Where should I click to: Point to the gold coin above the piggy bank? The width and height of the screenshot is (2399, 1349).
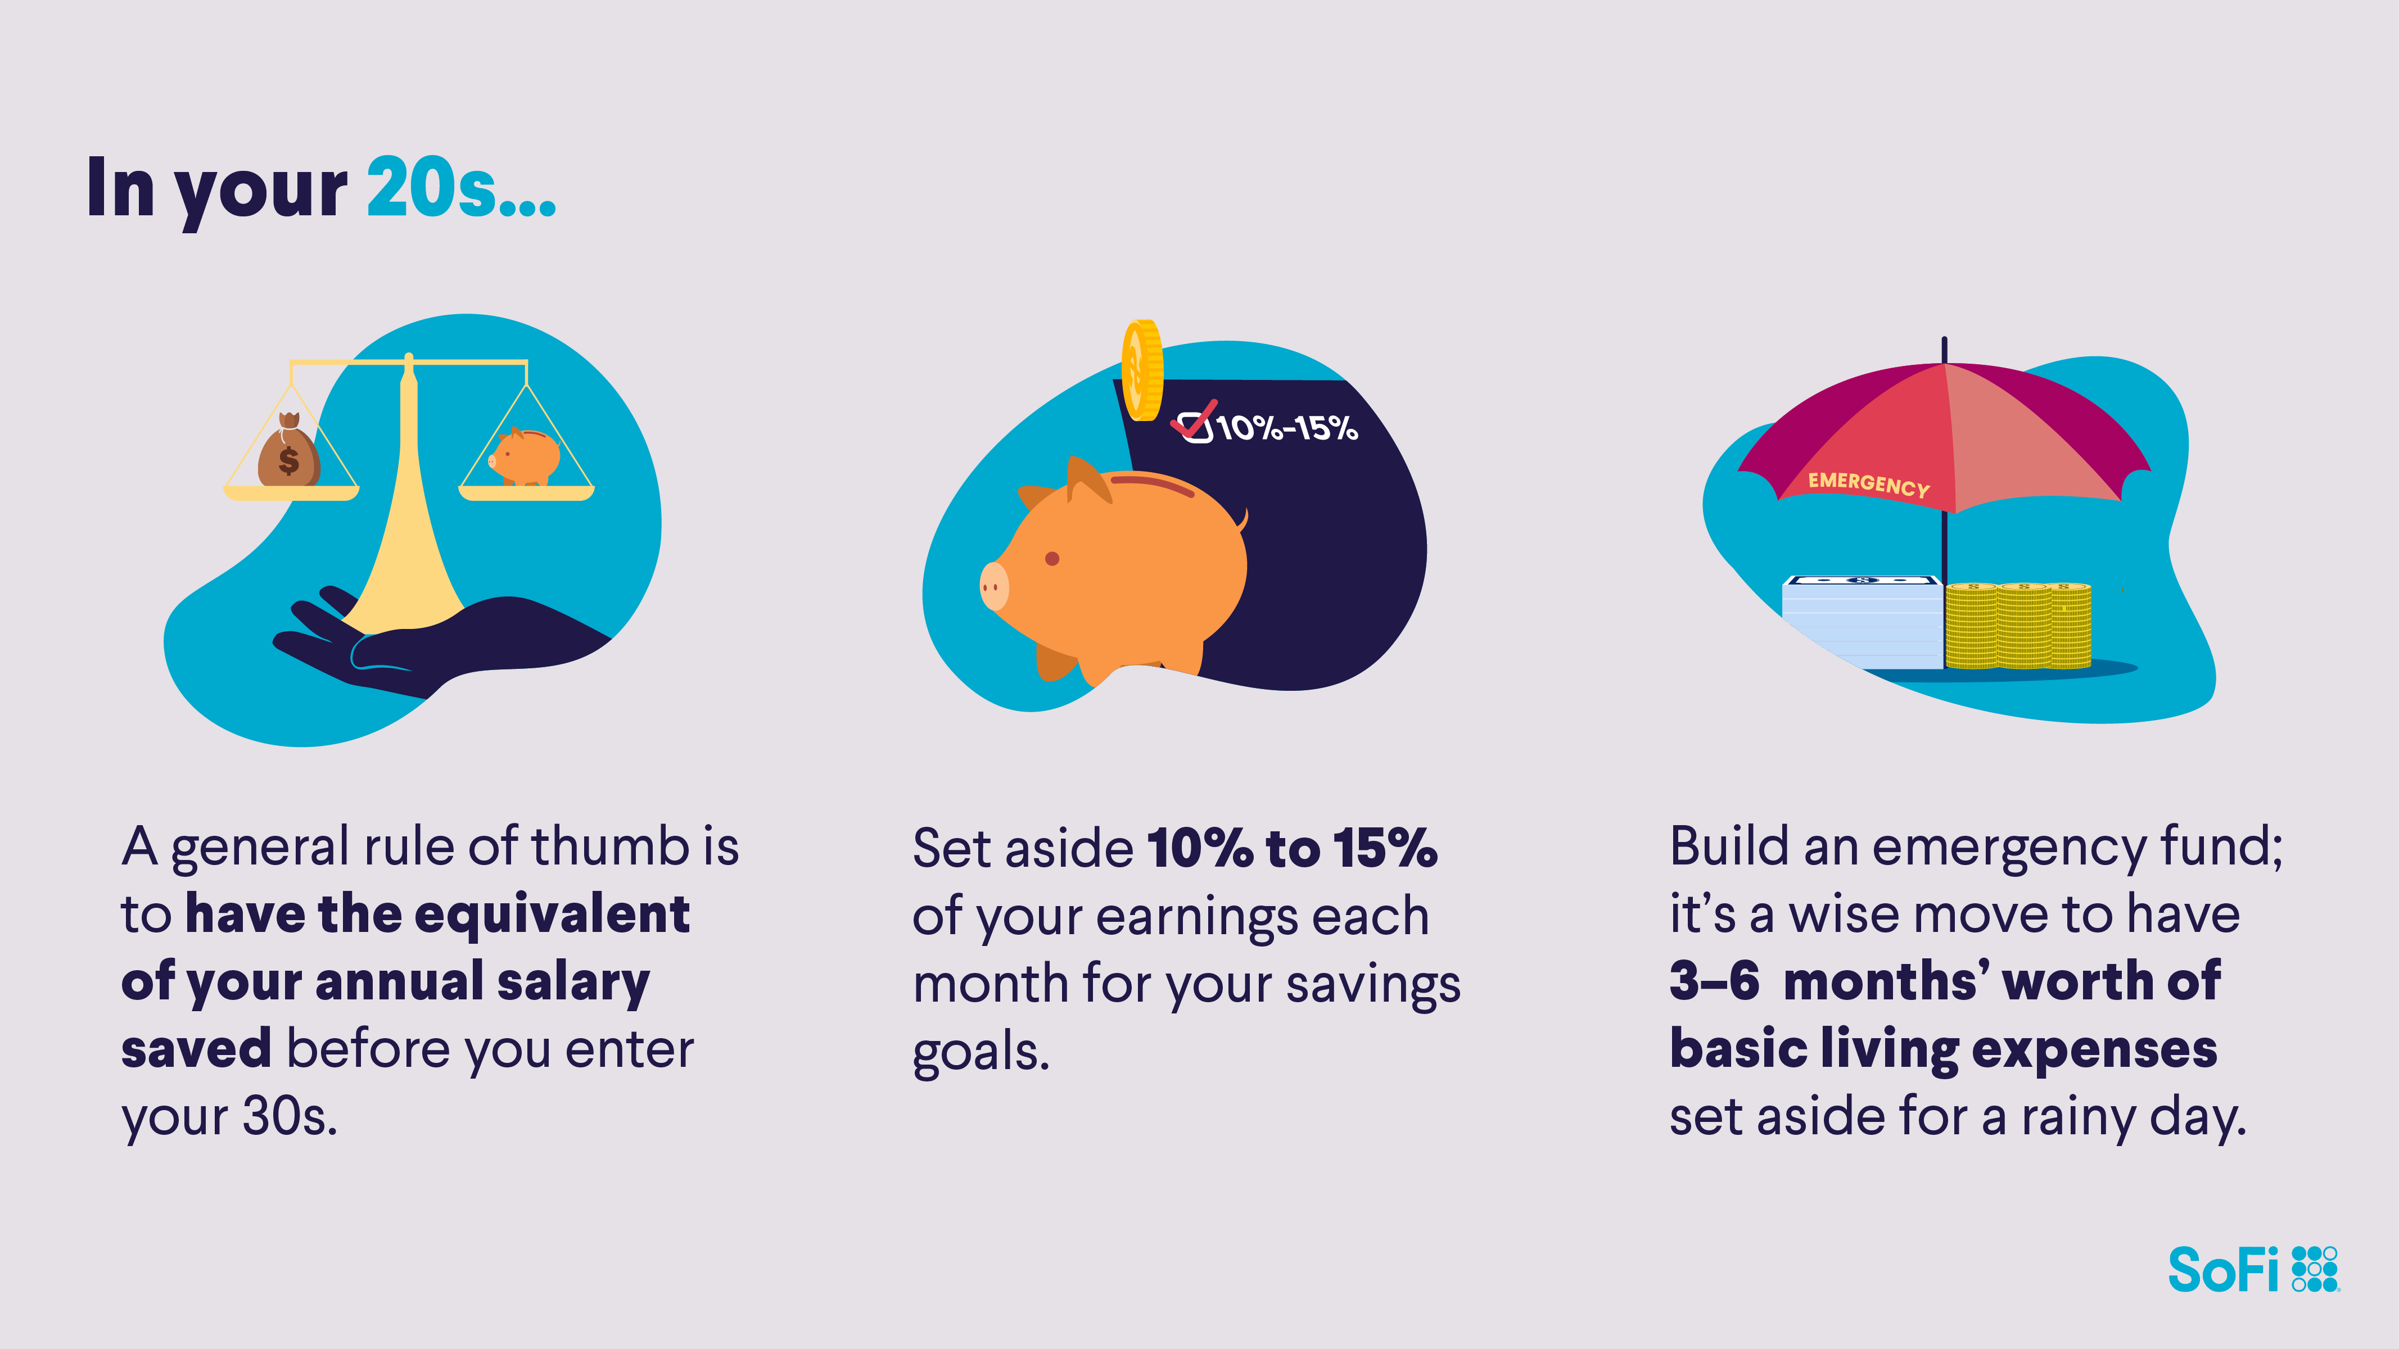[x=1142, y=370]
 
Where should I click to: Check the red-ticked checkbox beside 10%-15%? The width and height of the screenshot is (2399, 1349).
[x=1195, y=424]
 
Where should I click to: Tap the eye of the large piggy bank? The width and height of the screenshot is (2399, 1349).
[x=1052, y=559]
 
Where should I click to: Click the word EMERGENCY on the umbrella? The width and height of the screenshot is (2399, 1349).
[x=1868, y=484]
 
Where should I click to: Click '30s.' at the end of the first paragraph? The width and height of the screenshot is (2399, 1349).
[x=290, y=1116]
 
